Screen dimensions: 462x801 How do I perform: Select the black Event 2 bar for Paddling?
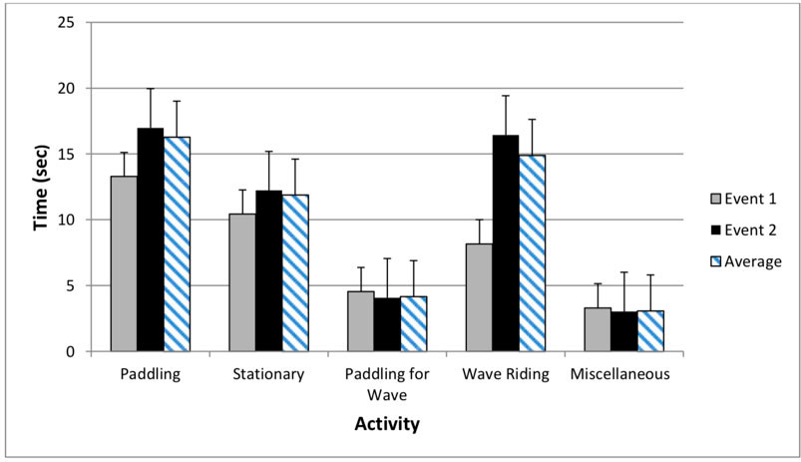(151, 239)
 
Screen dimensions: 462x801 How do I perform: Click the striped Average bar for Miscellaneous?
(650, 330)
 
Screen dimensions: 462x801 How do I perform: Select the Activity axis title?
(386, 424)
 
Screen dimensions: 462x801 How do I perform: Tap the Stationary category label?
(268, 376)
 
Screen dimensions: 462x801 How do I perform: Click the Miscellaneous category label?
(623, 376)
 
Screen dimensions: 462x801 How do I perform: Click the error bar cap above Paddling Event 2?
(151, 89)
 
